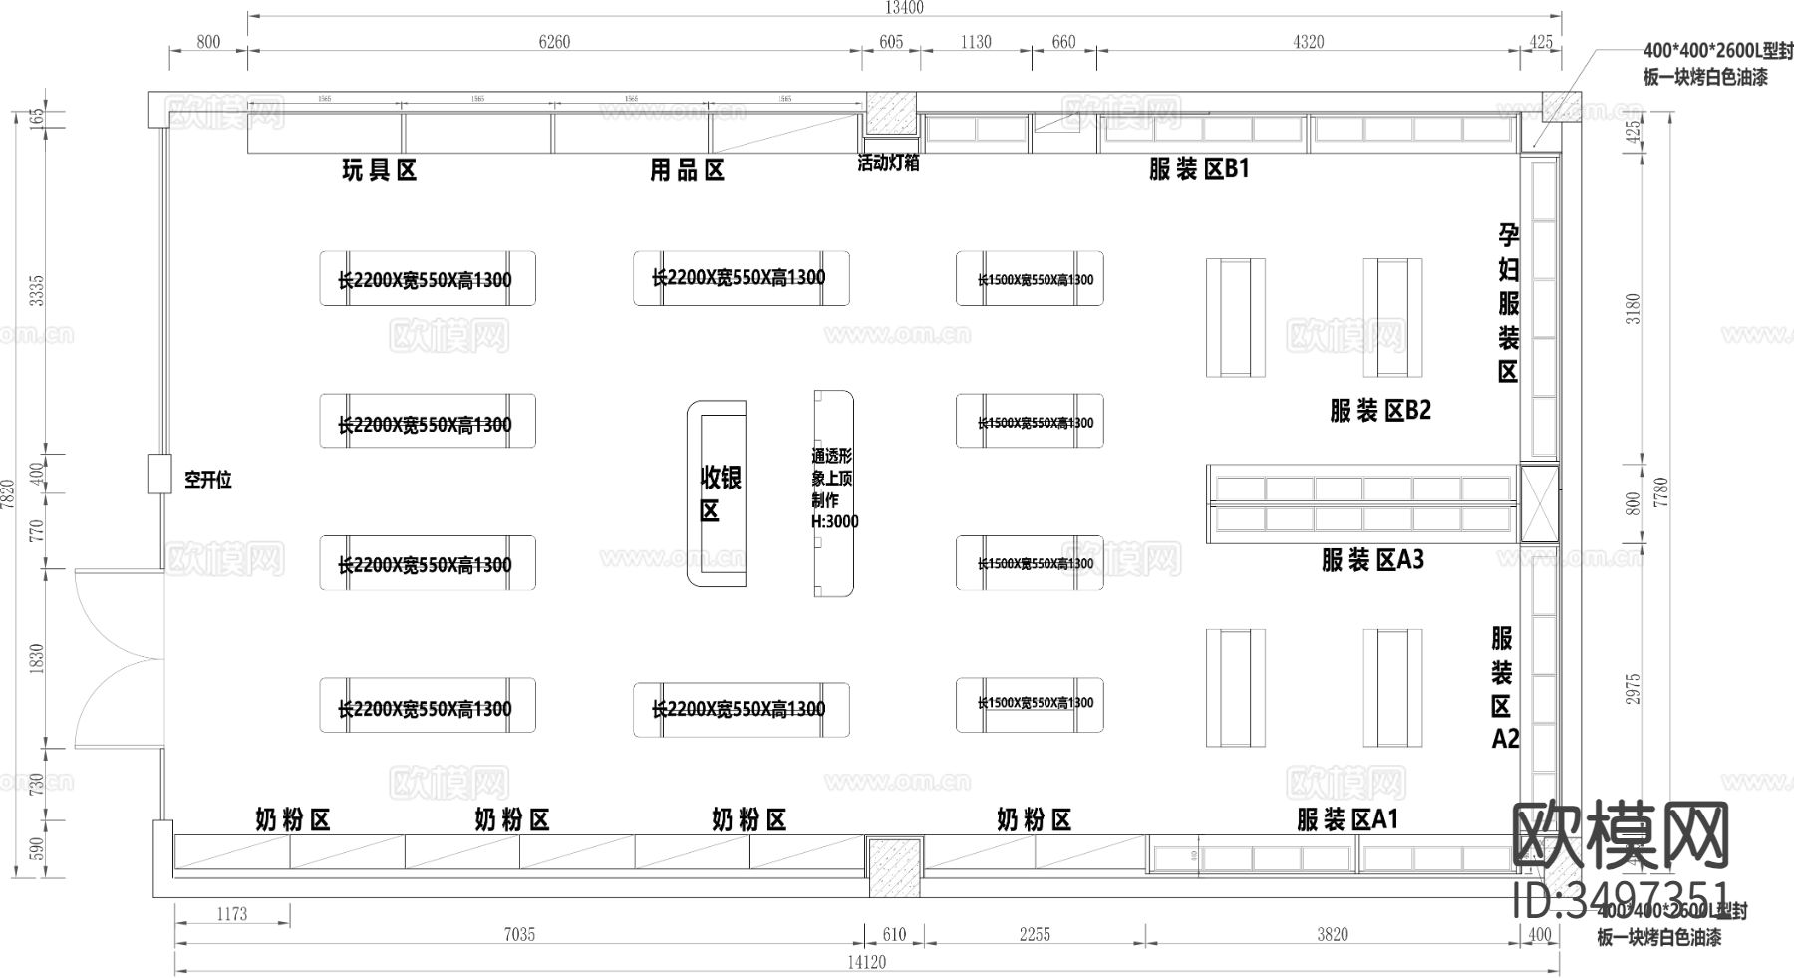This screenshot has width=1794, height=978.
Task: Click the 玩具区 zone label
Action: (379, 170)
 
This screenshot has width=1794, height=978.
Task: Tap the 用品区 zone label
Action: (687, 170)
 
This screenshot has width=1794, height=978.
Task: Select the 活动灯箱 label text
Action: (887, 163)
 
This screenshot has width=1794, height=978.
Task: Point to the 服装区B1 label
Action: (1198, 168)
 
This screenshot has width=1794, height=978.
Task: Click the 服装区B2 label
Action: (1379, 410)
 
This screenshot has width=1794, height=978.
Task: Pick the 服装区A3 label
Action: (1372, 560)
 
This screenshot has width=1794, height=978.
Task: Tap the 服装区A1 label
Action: (1347, 819)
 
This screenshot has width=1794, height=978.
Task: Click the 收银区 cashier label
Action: (719, 493)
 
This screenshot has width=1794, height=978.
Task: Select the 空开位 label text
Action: (207, 480)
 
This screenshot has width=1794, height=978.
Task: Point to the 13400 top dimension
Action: (904, 8)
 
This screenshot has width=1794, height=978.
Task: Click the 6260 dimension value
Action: (554, 42)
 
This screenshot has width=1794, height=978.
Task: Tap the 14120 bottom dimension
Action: (865, 962)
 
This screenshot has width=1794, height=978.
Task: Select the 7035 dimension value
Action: (518, 934)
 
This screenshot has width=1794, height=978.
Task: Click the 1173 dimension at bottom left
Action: (231, 913)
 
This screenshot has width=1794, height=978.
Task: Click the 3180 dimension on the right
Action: (1633, 308)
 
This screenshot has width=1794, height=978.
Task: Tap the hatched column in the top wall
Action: (890, 113)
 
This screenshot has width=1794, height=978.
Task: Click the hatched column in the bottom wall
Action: (894, 857)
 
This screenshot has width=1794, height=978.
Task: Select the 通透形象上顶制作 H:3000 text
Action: (833, 489)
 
